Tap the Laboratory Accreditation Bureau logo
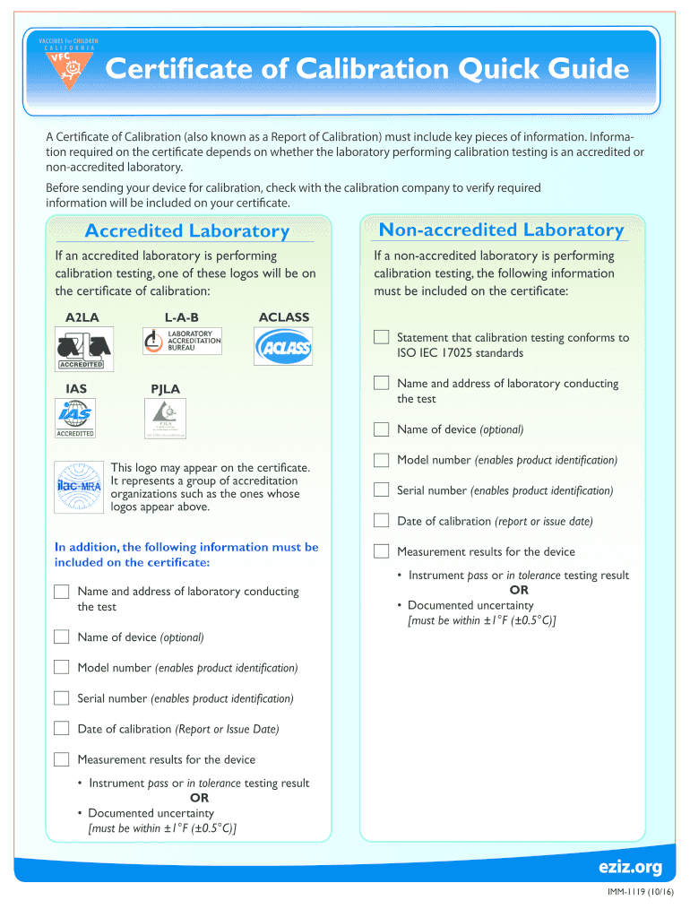[182, 342]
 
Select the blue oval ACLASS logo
[283, 346]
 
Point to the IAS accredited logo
[75, 418]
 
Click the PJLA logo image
[166, 418]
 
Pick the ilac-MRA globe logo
[78, 487]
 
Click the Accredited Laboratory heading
[186, 231]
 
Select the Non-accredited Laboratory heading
[501, 230]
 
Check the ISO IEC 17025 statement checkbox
[381, 338]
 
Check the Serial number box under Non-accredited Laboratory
[381, 490]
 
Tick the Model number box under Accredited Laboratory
[61, 667]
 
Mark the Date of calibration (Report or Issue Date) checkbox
[61, 728]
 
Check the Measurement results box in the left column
[61, 759]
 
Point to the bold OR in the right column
[519, 590]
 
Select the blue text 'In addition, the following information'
[186, 547]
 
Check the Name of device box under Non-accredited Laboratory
[381, 429]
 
